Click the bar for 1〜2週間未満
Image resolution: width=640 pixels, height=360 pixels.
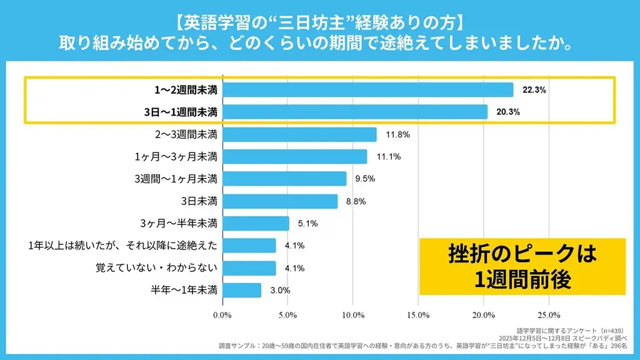(x=367, y=90)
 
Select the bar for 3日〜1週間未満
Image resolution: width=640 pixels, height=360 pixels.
(x=355, y=112)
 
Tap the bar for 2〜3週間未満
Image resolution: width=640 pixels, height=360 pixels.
(x=299, y=134)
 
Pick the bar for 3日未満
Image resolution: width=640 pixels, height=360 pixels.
(x=280, y=201)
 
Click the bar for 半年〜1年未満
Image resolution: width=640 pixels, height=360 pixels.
(x=242, y=291)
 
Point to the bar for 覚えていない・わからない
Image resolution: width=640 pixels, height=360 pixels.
(x=249, y=268)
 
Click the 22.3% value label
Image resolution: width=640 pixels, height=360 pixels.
(x=534, y=90)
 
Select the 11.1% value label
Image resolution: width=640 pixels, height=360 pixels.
(x=388, y=157)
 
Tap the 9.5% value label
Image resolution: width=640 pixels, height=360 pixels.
(x=365, y=179)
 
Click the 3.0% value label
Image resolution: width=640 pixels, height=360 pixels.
(x=280, y=291)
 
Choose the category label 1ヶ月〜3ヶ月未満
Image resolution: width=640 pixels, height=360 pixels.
(x=176, y=157)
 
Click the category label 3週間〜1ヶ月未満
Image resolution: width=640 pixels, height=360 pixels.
(x=176, y=179)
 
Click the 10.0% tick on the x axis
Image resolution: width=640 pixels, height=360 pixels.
(x=353, y=314)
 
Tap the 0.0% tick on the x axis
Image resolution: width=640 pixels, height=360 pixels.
(x=222, y=314)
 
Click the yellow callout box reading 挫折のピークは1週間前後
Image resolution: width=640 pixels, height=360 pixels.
(x=522, y=266)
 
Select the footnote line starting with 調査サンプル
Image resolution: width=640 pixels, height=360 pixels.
(x=426, y=346)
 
